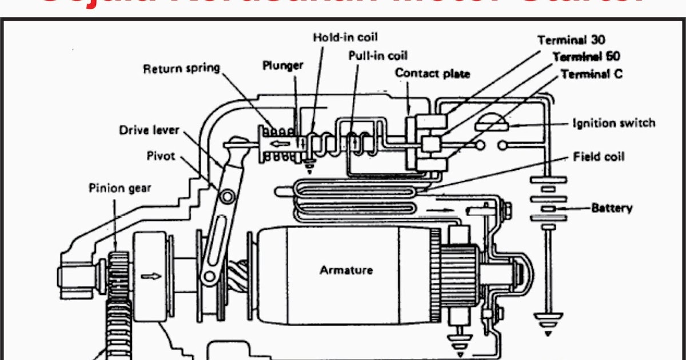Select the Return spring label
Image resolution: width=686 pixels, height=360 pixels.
point(181,69)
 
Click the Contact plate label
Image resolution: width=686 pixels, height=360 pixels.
point(432,73)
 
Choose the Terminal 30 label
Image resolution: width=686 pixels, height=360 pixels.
point(571,40)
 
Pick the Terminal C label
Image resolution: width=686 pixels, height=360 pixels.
point(592,74)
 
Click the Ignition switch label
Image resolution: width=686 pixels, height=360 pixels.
point(613,123)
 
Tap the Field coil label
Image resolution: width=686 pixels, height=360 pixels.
point(599,157)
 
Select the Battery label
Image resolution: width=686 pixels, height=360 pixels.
point(612,207)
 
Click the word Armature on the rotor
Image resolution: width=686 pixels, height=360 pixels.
point(346,270)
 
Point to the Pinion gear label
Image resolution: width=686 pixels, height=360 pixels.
point(119,187)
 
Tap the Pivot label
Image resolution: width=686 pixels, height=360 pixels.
point(161,155)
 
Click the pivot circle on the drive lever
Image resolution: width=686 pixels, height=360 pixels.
point(227,197)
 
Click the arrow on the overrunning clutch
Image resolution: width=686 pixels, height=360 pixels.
point(152,276)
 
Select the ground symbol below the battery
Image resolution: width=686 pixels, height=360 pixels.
point(548,323)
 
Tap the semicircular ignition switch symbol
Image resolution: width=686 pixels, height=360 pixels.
point(492,122)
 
